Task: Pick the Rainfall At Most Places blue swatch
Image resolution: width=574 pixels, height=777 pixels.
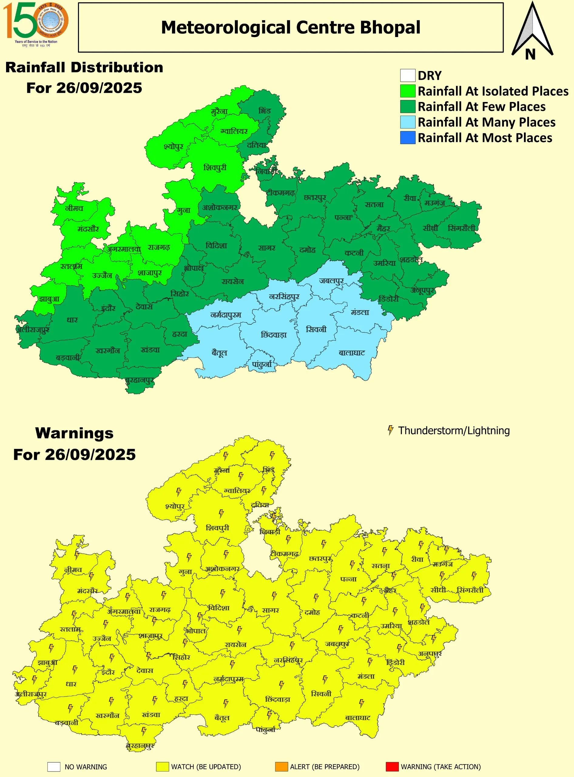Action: tap(407, 138)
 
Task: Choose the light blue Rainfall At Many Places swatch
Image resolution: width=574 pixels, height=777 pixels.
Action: tap(407, 122)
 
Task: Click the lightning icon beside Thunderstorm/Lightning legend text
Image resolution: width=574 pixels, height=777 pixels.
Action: tap(390, 430)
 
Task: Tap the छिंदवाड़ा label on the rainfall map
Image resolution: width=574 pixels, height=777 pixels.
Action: tap(274, 335)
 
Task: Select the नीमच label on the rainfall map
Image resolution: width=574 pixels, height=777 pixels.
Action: tap(74, 208)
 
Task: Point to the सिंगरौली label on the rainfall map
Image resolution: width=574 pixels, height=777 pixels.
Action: tap(461, 228)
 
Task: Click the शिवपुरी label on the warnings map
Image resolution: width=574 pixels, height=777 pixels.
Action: tap(218, 528)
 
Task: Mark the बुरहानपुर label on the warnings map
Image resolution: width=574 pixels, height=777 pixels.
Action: tap(140, 745)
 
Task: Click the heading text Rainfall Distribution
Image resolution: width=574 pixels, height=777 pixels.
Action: tap(84, 67)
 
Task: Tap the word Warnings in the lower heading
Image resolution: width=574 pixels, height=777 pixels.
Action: tap(74, 433)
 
